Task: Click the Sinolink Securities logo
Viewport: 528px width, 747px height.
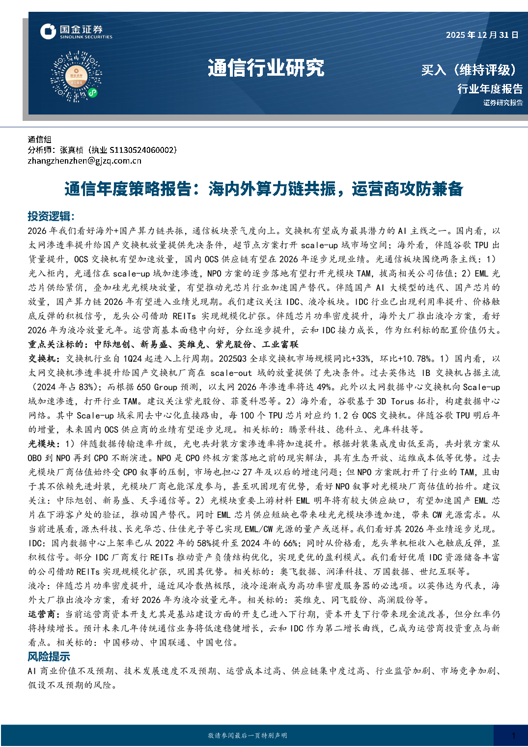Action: pyautogui.click(x=76, y=32)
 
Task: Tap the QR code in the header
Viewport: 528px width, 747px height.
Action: pyautogui.click(x=76, y=77)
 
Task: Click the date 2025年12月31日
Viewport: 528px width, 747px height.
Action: pyautogui.click(x=482, y=35)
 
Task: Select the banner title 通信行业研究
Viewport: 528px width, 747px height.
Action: pyautogui.click(x=266, y=68)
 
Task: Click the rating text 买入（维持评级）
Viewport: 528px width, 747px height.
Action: pyautogui.click(x=470, y=70)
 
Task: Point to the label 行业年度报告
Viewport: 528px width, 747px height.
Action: pyautogui.click(x=490, y=89)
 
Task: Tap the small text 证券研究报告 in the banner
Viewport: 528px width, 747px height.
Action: pyautogui.click(x=502, y=103)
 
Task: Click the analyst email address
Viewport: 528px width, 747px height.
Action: pyautogui.click(x=84, y=161)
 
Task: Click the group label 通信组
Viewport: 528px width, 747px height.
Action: pyautogui.click(x=39, y=140)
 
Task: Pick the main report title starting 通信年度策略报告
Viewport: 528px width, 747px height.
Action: pyautogui.click(x=264, y=189)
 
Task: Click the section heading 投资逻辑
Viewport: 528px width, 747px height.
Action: pyautogui.click(x=51, y=216)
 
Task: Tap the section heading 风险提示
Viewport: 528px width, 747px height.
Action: pyautogui.click(x=49, y=657)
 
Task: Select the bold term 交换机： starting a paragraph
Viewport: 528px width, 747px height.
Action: pyautogui.click(x=44, y=359)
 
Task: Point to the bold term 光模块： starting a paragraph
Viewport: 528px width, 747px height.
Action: pyautogui.click(x=44, y=444)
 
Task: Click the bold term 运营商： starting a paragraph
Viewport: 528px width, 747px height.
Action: pyautogui.click(x=44, y=614)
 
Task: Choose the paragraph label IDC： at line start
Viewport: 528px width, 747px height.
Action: pyautogui.click(x=37, y=543)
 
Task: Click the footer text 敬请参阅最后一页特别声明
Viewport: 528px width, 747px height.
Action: pyautogui.click(x=247, y=736)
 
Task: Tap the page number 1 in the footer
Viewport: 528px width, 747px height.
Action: pyautogui.click(x=513, y=736)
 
